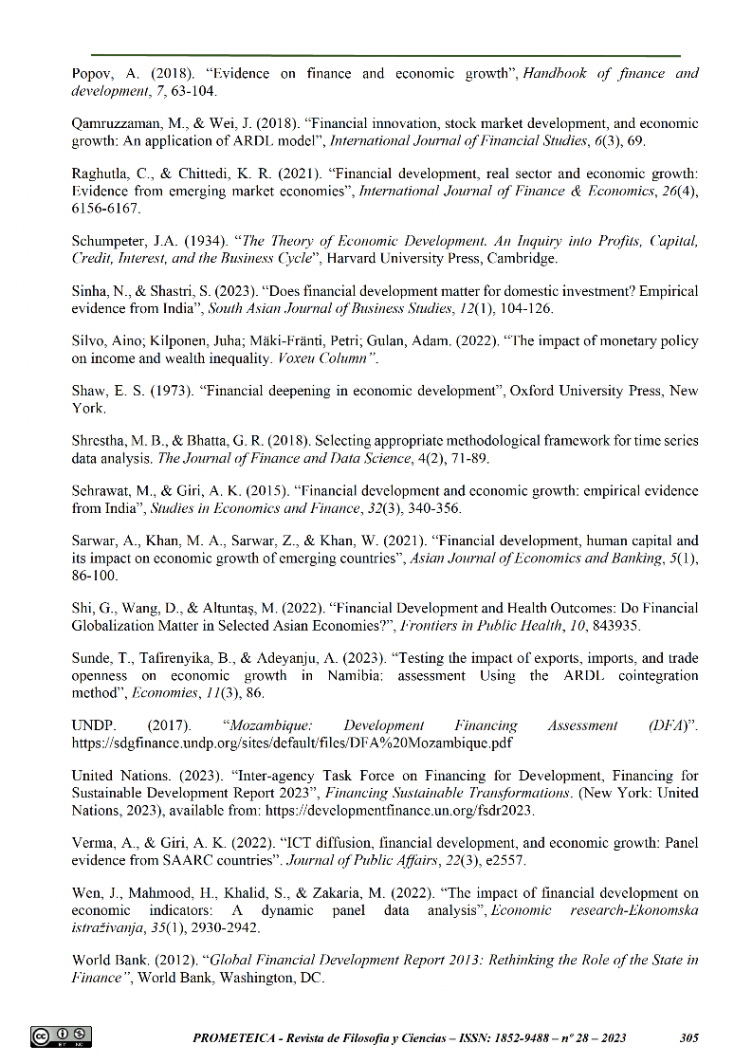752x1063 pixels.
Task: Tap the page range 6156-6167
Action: coord(107,208)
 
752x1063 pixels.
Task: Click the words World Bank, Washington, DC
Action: coord(231,977)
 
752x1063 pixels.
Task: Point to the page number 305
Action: coord(689,1038)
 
